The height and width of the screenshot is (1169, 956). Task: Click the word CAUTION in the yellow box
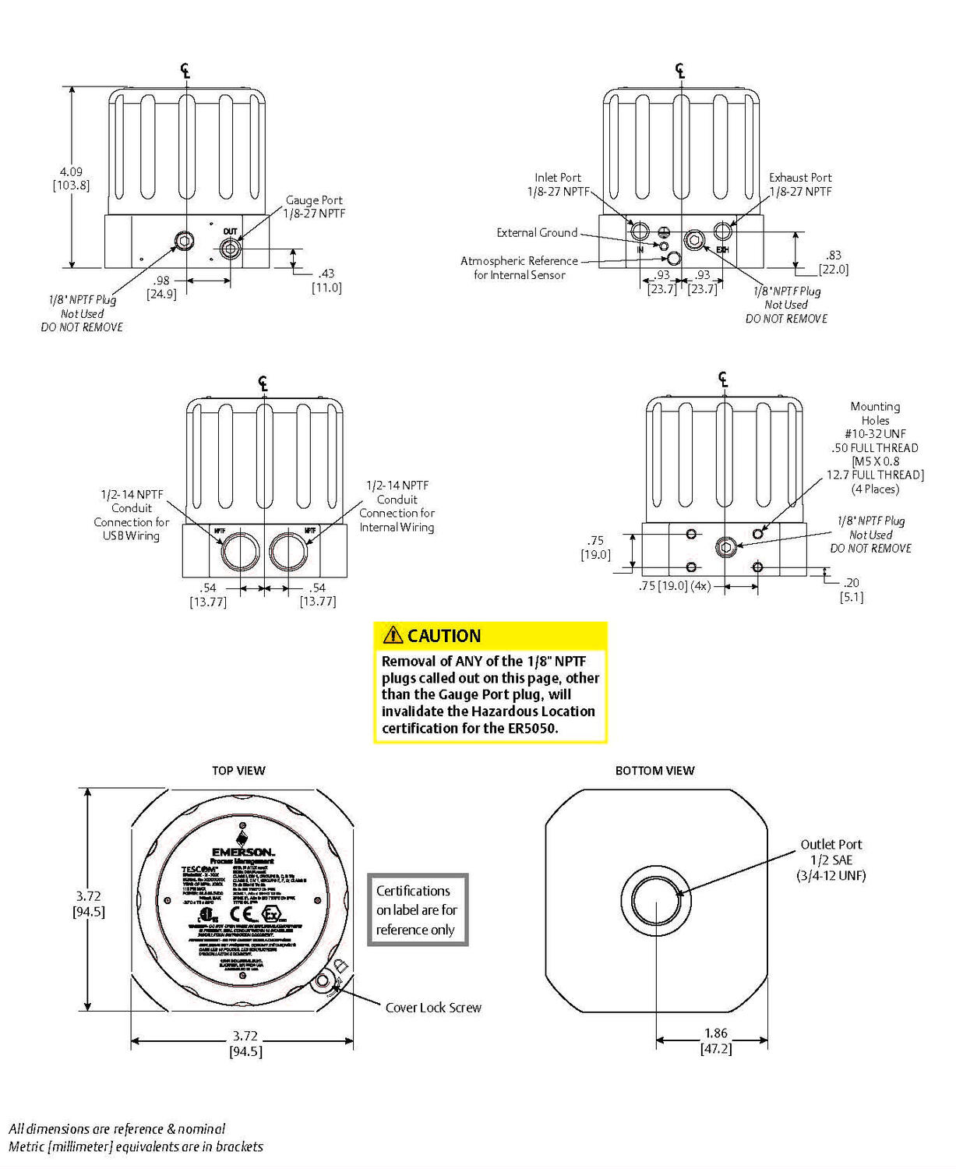(x=444, y=636)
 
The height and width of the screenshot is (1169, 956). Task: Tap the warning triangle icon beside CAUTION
(x=393, y=635)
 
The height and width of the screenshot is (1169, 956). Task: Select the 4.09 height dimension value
(x=71, y=171)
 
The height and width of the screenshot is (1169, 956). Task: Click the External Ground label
(x=537, y=232)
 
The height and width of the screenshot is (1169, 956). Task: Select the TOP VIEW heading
(x=238, y=770)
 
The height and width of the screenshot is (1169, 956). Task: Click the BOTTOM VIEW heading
(x=654, y=770)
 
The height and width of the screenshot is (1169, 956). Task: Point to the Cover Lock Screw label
(x=433, y=1007)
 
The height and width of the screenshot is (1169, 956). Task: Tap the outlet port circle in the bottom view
(x=656, y=900)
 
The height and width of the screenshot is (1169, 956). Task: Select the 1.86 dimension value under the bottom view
(x=716, y=1033)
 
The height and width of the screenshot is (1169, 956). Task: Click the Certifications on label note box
(x=417, y=909)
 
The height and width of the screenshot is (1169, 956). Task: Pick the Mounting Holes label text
(x=875, y=413)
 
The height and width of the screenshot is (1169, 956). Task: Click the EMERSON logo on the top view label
(x=242, y=852)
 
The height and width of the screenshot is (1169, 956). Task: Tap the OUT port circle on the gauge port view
(x=229, y=249)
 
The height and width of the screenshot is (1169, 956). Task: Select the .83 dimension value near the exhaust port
(x=834, y=255)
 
